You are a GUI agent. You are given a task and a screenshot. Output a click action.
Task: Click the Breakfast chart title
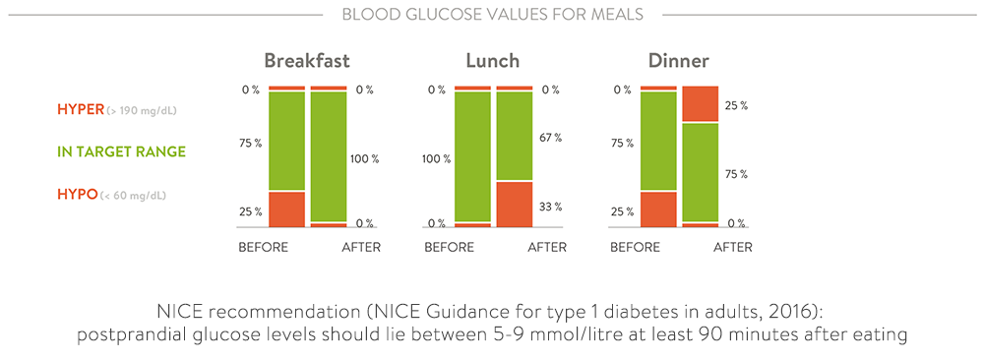coord(307,62)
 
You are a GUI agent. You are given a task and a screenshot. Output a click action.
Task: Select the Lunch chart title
coord(492,62)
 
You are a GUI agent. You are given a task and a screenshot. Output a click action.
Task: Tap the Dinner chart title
coord(678,62)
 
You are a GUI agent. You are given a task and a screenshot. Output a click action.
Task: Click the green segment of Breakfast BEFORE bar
coord(286,141)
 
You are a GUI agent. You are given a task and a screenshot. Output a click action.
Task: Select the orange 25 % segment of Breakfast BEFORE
coord(286,209)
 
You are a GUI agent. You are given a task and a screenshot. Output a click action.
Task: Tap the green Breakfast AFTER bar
coord(329,156)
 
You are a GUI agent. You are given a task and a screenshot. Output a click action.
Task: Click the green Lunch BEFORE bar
coord(472,156)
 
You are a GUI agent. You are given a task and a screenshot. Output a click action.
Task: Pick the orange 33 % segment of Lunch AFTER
coord(515,204)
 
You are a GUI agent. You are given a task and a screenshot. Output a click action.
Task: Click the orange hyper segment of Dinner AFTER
coord(700,104)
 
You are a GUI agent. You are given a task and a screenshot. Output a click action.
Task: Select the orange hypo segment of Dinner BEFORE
coord(658,209)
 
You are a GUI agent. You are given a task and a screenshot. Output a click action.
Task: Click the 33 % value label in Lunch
coord(551,207)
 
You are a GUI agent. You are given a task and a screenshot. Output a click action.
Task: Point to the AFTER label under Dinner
coord(732,247)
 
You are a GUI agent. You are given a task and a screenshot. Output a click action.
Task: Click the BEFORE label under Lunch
coord(449,247)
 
